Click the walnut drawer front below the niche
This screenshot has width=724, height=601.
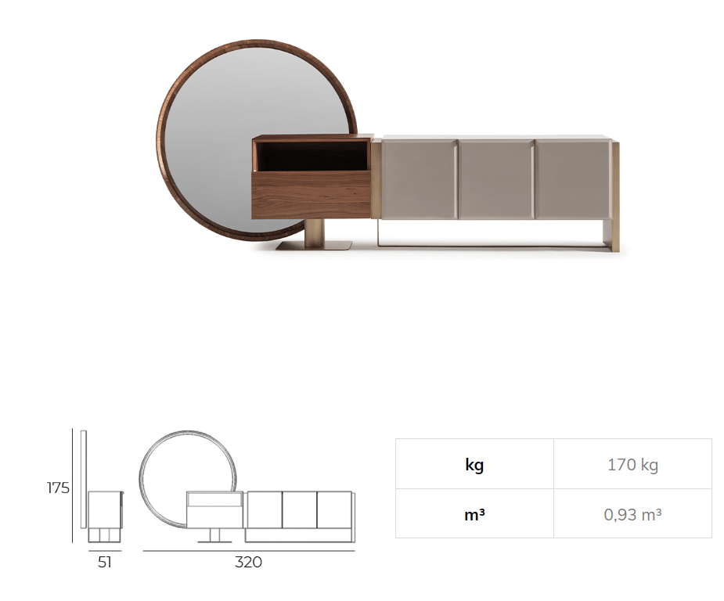(312, 194)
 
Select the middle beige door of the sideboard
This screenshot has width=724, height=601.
(495, 179)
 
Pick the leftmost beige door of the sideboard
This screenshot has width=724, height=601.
(420, 179)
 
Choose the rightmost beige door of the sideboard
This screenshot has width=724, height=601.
(573, 179)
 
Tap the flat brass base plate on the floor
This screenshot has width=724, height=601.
(315, 246)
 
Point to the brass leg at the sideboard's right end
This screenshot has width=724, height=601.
(614, 196)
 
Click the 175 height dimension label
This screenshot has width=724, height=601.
(58, 488)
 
